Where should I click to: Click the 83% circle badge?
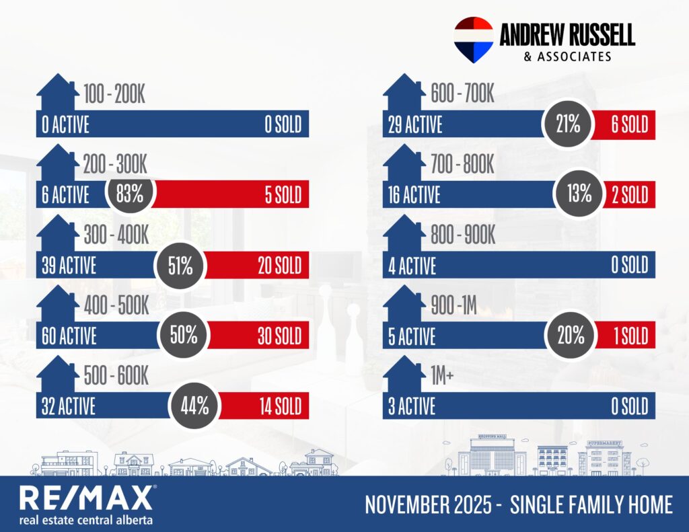(131, 195)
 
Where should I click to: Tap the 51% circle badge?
(180, 266)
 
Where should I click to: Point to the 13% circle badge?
(578, 195)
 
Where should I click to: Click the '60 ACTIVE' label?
(69, 336)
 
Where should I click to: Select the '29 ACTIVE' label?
(415, 125)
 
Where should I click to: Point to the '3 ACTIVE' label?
(412, 406)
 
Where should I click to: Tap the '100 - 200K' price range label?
(114, 95)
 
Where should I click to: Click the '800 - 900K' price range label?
(462, 235)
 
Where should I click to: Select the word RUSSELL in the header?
(593, 35)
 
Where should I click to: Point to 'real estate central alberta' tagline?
(86, 520)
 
